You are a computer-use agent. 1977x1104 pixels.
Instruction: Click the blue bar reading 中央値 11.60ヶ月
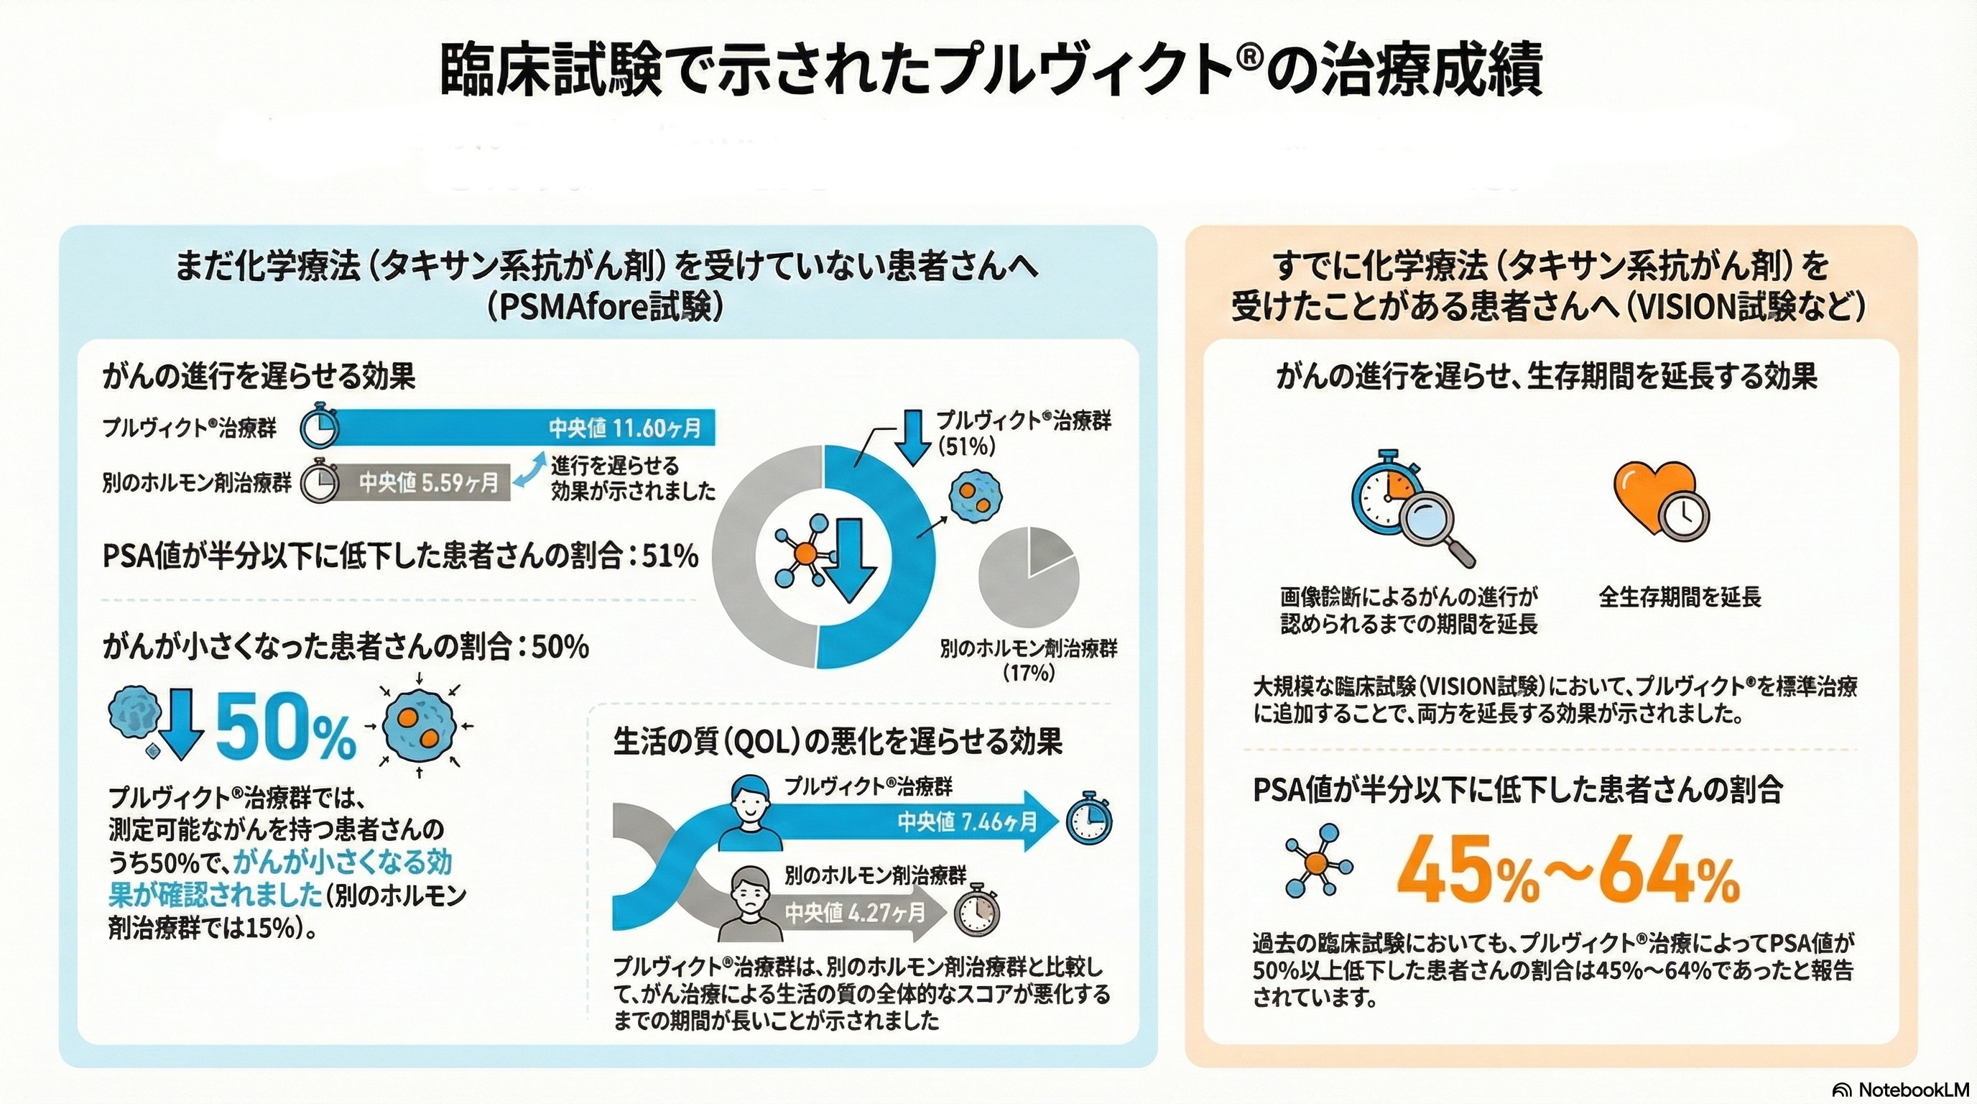[x=522, y=428]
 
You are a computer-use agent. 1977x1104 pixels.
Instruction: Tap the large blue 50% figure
[x=285, y=726]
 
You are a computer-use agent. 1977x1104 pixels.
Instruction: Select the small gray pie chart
[x=1029, y=576]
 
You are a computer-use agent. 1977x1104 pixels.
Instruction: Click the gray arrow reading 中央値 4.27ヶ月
[x=852, y=913]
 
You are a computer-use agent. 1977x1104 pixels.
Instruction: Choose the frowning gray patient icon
[x=750, y=903]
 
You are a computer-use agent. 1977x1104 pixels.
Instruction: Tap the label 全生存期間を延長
[x=1679, y=597]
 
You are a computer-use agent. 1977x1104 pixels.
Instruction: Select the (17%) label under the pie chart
[x=1029, y=673]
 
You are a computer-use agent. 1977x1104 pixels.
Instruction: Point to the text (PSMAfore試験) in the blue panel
[x=604, y=307]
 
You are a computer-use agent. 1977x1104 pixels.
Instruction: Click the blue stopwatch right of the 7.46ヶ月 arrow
[x=1089, y=819]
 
